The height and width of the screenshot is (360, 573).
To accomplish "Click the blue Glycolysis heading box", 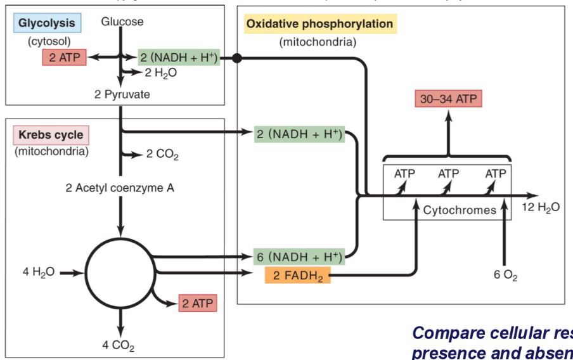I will click(x=46, y=23).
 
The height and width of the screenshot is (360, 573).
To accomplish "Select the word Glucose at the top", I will click(x=122, y=22).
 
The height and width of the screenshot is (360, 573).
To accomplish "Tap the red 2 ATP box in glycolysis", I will click(x=63, y=58).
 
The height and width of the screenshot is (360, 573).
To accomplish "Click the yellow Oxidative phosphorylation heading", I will click(x=319, y=24).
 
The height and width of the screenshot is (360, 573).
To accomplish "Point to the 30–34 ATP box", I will click(x=449, y=99).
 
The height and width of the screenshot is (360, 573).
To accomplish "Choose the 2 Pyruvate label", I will click(x=122, y=94).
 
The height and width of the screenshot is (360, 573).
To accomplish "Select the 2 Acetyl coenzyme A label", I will click(x=120, y=188).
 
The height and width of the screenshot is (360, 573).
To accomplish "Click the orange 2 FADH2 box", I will click(x=297, y=274).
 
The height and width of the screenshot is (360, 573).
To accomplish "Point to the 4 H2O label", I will click(x=39, y=272).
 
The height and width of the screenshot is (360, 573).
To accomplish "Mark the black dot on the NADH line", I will click(x=237, y=58).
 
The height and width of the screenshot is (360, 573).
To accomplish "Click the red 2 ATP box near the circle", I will click(x=196, y=303).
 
